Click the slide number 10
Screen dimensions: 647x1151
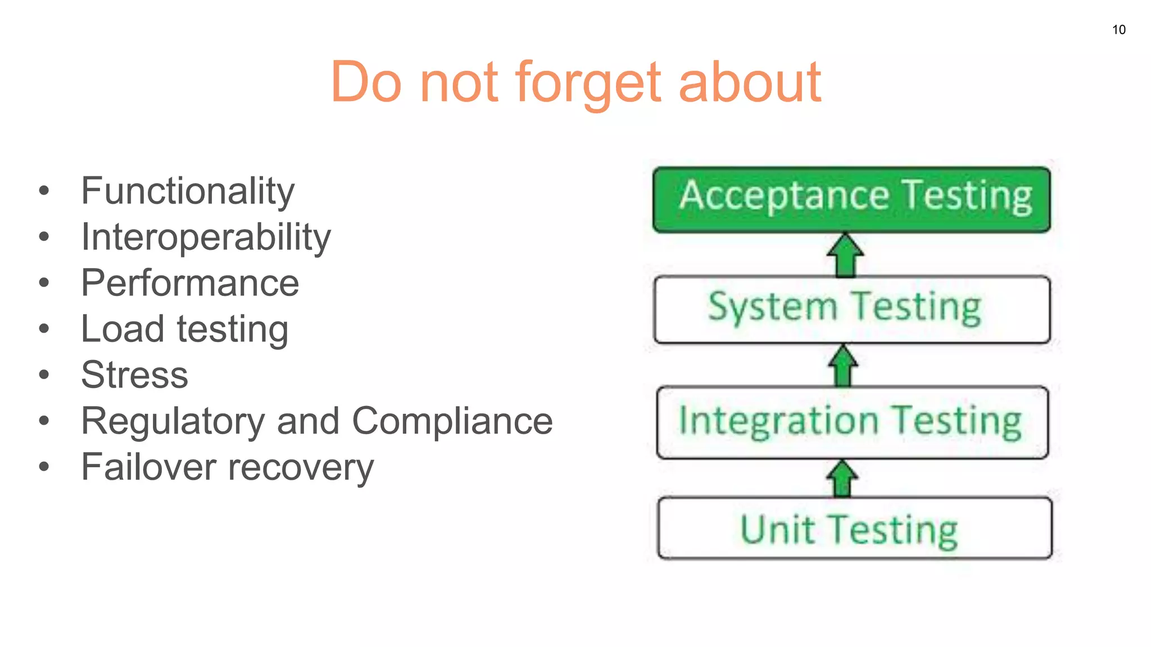point(1118,30)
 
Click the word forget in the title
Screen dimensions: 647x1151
point(588,83)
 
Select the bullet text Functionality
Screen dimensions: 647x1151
point(188,192)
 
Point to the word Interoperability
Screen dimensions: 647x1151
point(206,238)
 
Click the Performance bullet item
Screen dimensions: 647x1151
point(190,283)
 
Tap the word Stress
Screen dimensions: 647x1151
point(135,375)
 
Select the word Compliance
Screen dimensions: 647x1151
point(452,421)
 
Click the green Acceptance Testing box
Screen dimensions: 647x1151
point(851,199)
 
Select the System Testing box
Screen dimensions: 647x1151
point(851,309)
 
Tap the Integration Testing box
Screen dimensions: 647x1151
point(851,422)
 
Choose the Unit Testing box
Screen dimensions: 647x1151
point(854,528)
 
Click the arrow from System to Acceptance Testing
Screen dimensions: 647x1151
point(845,256)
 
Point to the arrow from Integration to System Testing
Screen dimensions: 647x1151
point(843,366)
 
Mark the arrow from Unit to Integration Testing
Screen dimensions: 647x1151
point(842,479)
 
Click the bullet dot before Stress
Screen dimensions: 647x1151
point(44,375)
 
